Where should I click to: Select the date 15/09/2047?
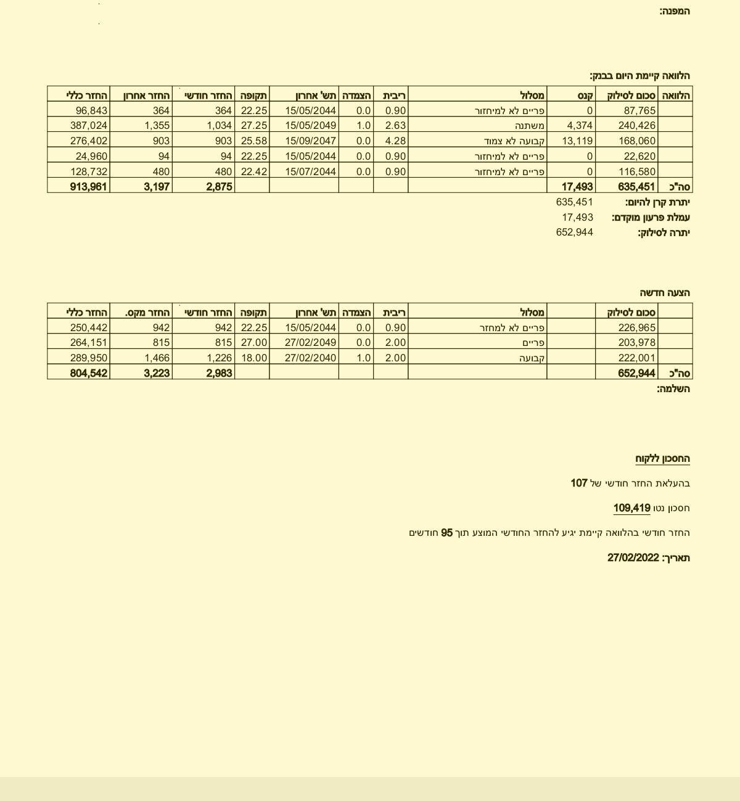pos(311,141)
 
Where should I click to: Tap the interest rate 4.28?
pos(395,141)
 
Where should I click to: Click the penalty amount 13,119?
pos(577,141)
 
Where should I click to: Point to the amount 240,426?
pos(637,125)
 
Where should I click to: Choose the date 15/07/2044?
pos(311,171)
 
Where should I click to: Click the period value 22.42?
pos(254,171)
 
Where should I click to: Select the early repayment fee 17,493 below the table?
pos(577,217)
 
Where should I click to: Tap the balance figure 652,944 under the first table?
pos(574,232)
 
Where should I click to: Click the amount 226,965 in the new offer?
pos(637,327)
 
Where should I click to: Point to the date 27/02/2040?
pos(311,358)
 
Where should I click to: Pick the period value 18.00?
pos(254,358)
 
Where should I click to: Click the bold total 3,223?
pos(157,373)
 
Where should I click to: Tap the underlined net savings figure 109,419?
pos(631,508)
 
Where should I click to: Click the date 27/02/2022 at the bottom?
pos(633,557)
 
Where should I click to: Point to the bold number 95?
pos(446,533)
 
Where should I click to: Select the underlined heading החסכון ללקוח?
pos(662,459)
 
